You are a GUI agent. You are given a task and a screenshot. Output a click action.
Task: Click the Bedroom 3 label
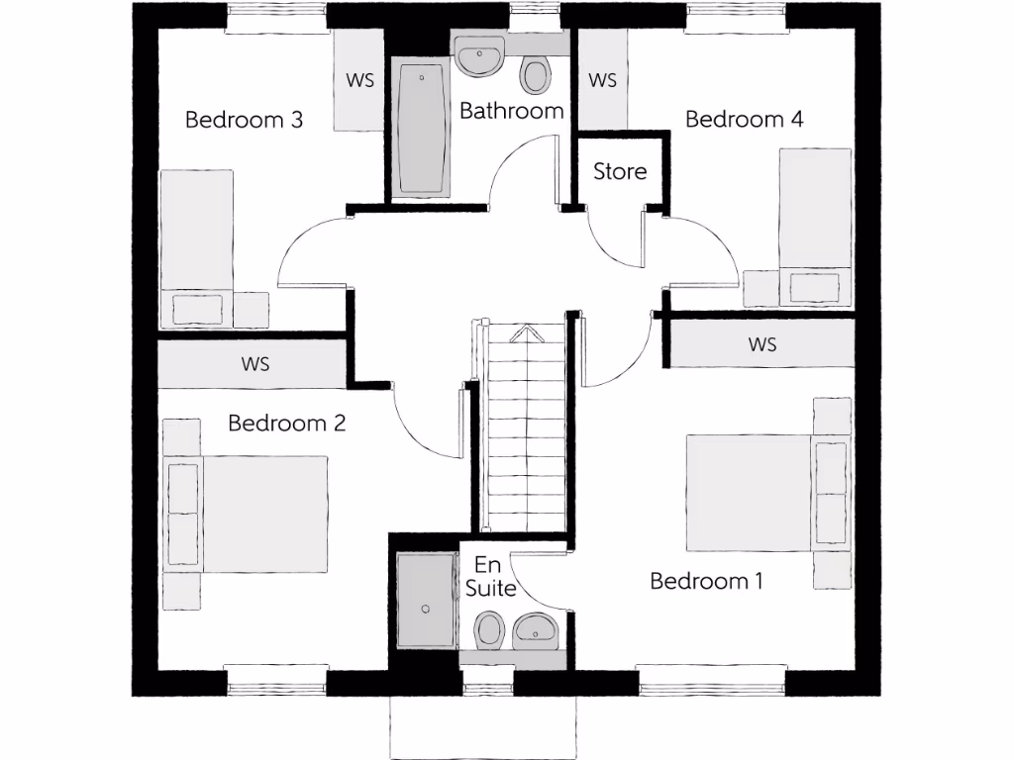(244, 121)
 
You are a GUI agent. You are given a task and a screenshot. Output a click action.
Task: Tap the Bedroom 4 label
(744, 120)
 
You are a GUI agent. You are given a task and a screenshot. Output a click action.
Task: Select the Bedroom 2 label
(286, 424)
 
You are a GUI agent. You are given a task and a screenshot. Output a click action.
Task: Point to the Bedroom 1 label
(706, 581)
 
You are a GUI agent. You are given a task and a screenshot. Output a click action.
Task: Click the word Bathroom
(511, 111)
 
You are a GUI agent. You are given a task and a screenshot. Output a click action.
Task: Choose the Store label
(620, 171)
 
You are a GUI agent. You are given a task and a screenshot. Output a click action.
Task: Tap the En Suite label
(490, 576)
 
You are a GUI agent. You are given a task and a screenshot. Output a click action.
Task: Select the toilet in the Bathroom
(536, 75)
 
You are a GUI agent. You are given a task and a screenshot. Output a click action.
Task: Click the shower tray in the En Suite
(426, 601)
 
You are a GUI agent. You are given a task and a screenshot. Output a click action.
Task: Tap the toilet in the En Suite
(488, 630)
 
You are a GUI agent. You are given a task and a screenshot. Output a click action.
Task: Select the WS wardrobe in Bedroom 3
(359, 80)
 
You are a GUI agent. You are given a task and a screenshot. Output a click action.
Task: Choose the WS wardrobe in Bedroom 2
(254, 364)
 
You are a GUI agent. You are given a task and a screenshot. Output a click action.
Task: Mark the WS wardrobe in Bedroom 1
(761, 344)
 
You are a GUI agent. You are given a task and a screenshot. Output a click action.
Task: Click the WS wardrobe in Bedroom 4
(602, 80)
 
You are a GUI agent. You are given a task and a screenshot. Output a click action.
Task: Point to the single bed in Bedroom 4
(815, 228)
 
